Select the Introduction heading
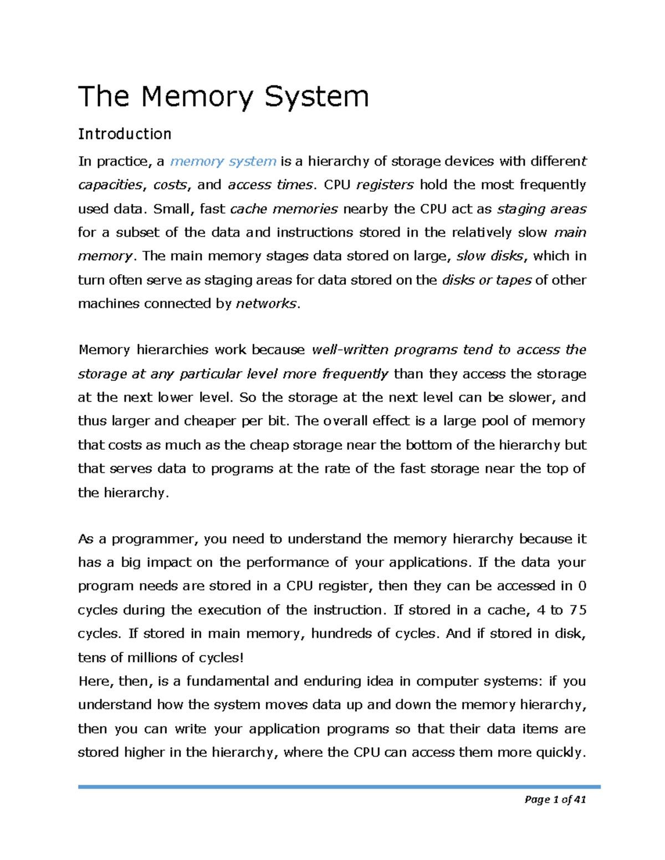point(125,134)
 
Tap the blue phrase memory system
point(223,161)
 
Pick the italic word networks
point(267,303)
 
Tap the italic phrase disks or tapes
point(487,280)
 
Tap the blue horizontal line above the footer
point(339,786)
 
